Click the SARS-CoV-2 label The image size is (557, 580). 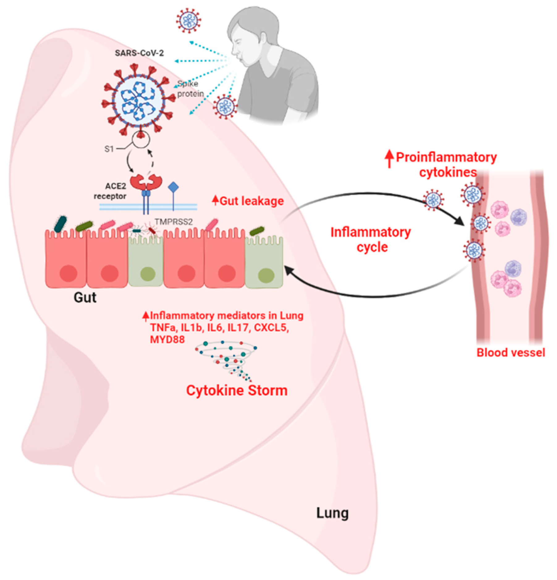click(139, 53)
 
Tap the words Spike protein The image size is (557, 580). click(190, 89)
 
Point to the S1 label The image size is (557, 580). click(109, 149)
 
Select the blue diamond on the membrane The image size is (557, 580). click(173, 187)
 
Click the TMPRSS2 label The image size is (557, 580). click(174, 222)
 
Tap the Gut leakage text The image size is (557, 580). click(248, 201)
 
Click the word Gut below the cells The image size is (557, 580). click(85, 298)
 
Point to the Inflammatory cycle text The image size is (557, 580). click(371, 239)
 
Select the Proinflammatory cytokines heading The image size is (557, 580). click(441, 165)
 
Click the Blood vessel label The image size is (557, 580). click(511, 353)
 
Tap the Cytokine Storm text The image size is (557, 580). click(237, 391)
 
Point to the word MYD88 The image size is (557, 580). click(167, 340)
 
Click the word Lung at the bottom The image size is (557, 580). click(332, 513)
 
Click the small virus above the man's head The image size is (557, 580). click(188, 20)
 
